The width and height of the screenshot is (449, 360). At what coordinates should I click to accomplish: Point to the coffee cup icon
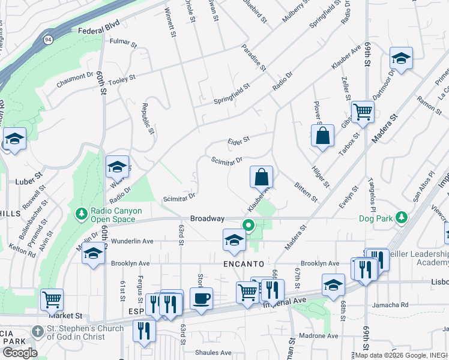click(x=201, y=298)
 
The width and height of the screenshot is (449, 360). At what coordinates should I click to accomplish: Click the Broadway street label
click(x=207, y=218)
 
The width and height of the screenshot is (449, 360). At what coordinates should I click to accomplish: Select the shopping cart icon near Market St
click(x=52, y=298)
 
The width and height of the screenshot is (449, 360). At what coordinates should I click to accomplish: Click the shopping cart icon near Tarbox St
click(x=363, y=112)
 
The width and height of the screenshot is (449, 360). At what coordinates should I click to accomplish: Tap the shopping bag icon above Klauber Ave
click(x=261, y=176)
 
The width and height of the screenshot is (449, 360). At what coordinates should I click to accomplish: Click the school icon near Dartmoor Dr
click(x=400, y=58)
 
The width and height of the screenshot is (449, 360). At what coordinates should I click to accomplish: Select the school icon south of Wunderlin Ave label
click(x=94, y=254)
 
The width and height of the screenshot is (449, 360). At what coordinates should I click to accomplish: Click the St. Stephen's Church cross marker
click(x=37, y=331)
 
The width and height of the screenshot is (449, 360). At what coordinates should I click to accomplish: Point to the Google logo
click(x=19, y=352)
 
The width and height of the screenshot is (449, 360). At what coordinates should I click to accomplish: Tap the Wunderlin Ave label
click(x=132, y=241)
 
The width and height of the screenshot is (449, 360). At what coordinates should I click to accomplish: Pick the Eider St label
click(x=238, y=141)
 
